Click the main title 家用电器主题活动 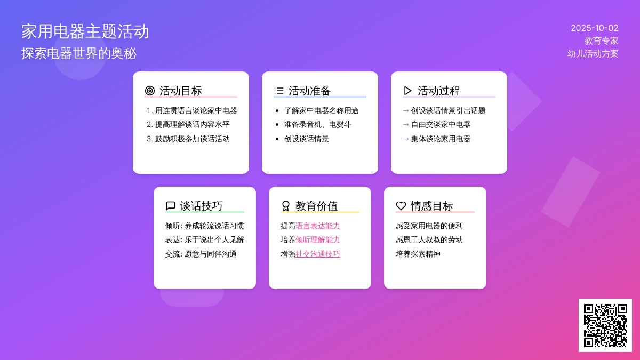(x=85, y=31)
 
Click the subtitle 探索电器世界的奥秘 (x=79, y=53)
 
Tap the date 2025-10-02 (x=594, y=28)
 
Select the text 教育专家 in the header (x=601, y=41)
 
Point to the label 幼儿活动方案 (x=593, y=54)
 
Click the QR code (x=605, y=325)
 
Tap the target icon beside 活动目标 (x=150, y=91)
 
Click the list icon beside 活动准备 (x=279, y=91)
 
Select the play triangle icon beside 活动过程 (x=408, y=91)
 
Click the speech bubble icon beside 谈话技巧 (x=171, y=206)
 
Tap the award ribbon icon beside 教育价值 (x=286, y=206)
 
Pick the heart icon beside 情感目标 (x=401, y=206)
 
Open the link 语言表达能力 (x=318, y=226)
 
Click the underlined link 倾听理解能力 (x=318, y=239)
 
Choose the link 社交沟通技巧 (x=318, y=254)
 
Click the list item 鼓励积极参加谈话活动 (x=192, y=139)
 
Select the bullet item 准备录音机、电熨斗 (x=317, y=124)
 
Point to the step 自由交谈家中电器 (x=441, y=124)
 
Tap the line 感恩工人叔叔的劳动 (x=429, y=239)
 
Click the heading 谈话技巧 (x=202, y=206)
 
